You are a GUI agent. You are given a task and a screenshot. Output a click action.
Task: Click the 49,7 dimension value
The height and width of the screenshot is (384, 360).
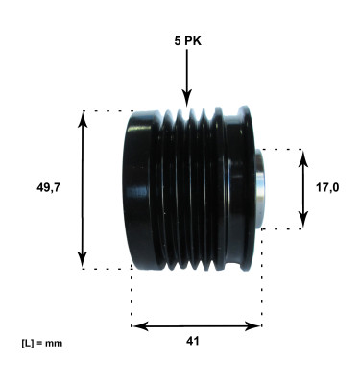(48, 188)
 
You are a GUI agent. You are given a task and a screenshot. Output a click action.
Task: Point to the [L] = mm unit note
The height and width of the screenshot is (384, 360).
(40, 343)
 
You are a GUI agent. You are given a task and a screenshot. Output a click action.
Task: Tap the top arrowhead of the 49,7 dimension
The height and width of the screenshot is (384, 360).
(84, 117)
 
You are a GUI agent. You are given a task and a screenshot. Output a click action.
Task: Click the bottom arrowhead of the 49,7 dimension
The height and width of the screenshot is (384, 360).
(84, 262)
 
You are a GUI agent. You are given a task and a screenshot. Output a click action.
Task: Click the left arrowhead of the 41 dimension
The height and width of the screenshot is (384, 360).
(137, 325)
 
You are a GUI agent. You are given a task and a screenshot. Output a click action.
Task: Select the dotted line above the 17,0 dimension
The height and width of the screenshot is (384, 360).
(283, 149)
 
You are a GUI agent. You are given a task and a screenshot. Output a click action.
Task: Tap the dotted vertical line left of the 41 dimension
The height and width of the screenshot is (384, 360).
(131, 298)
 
